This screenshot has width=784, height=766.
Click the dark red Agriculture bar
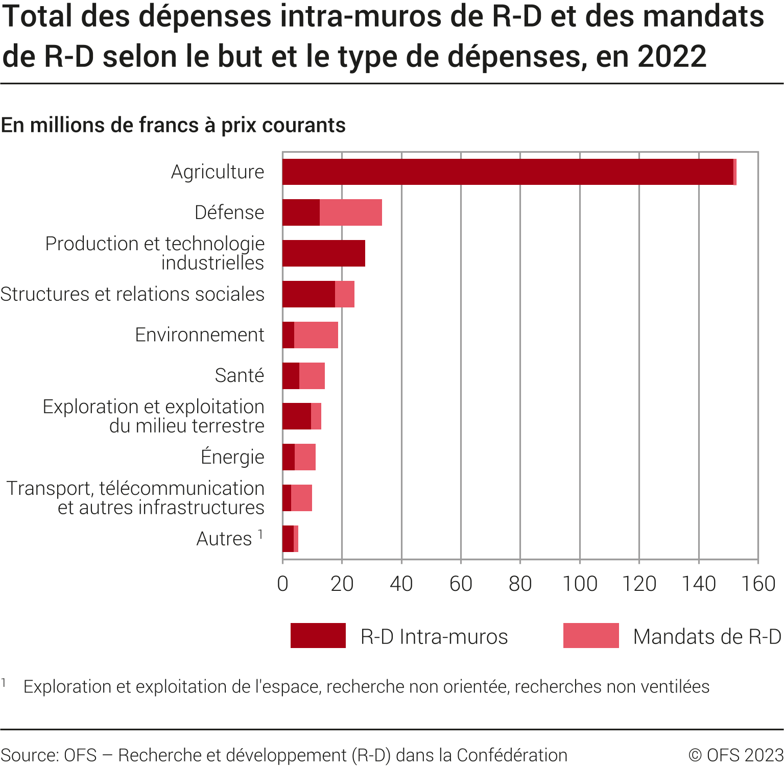point(508,172)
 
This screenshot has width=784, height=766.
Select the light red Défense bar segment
point(351,212)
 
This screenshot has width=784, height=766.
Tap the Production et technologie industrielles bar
point(324,253)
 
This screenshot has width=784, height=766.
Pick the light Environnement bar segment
point(316,335)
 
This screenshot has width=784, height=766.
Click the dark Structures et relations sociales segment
point(308,294)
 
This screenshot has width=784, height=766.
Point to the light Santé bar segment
point(312,376)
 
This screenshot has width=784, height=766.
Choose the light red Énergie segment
point(305,457)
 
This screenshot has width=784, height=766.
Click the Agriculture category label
point(218,172)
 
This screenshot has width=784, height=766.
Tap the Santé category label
point(240,375)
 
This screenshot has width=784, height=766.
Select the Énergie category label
point(232,457)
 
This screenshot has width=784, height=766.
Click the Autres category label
point(224,539)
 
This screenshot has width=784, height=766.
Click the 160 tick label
point(758,584)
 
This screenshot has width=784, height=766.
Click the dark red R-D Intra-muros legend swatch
point(318,636)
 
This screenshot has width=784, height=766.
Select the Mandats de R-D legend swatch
point(591,636)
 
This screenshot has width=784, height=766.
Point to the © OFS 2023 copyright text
point(735,755)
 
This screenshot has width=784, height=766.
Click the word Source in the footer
point(29,755)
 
